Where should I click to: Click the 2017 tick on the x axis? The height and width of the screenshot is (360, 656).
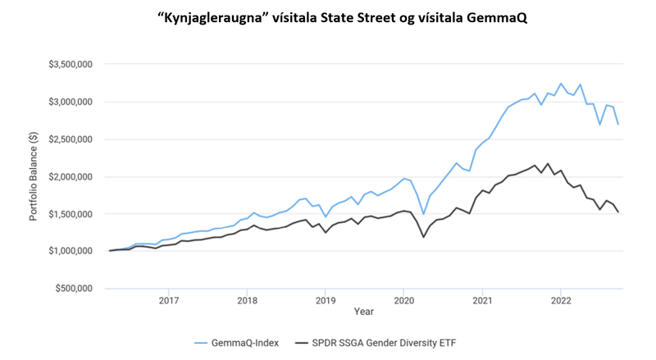(169, 300)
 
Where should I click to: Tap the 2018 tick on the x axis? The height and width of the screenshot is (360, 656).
(247, 300)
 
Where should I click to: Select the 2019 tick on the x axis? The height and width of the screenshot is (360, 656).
(326, 300)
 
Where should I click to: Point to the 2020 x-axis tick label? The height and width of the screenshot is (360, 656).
(403, 300)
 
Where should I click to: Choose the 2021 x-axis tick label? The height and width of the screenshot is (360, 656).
(482, 300)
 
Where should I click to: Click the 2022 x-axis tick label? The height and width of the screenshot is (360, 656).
(560, 300)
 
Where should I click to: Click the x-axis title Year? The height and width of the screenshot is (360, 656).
(364, 312)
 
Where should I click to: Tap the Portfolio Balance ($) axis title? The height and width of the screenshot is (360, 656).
(34, 176)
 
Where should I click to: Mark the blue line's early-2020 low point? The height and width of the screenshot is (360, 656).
(423, 213)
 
